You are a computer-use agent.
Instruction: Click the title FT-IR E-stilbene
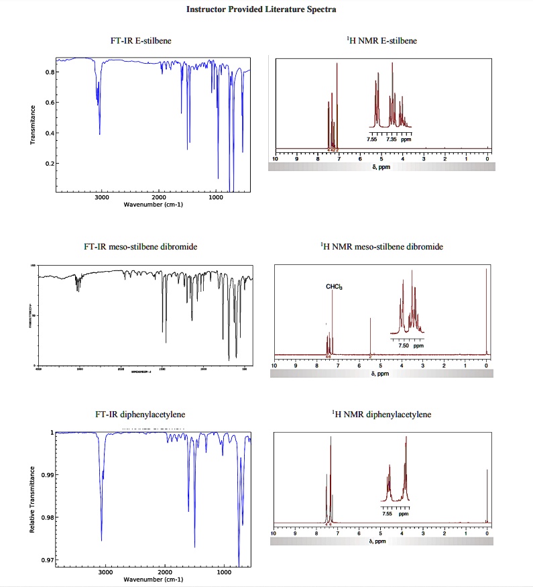click(x=141, y=41)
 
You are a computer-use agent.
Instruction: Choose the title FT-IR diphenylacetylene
click(x=141, y=415)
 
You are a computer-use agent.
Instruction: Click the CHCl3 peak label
click(x=334, y=287)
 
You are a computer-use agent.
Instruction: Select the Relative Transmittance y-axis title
click(x=31, y=499)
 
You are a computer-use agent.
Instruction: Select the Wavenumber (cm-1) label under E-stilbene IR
click(x=154, y=205)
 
